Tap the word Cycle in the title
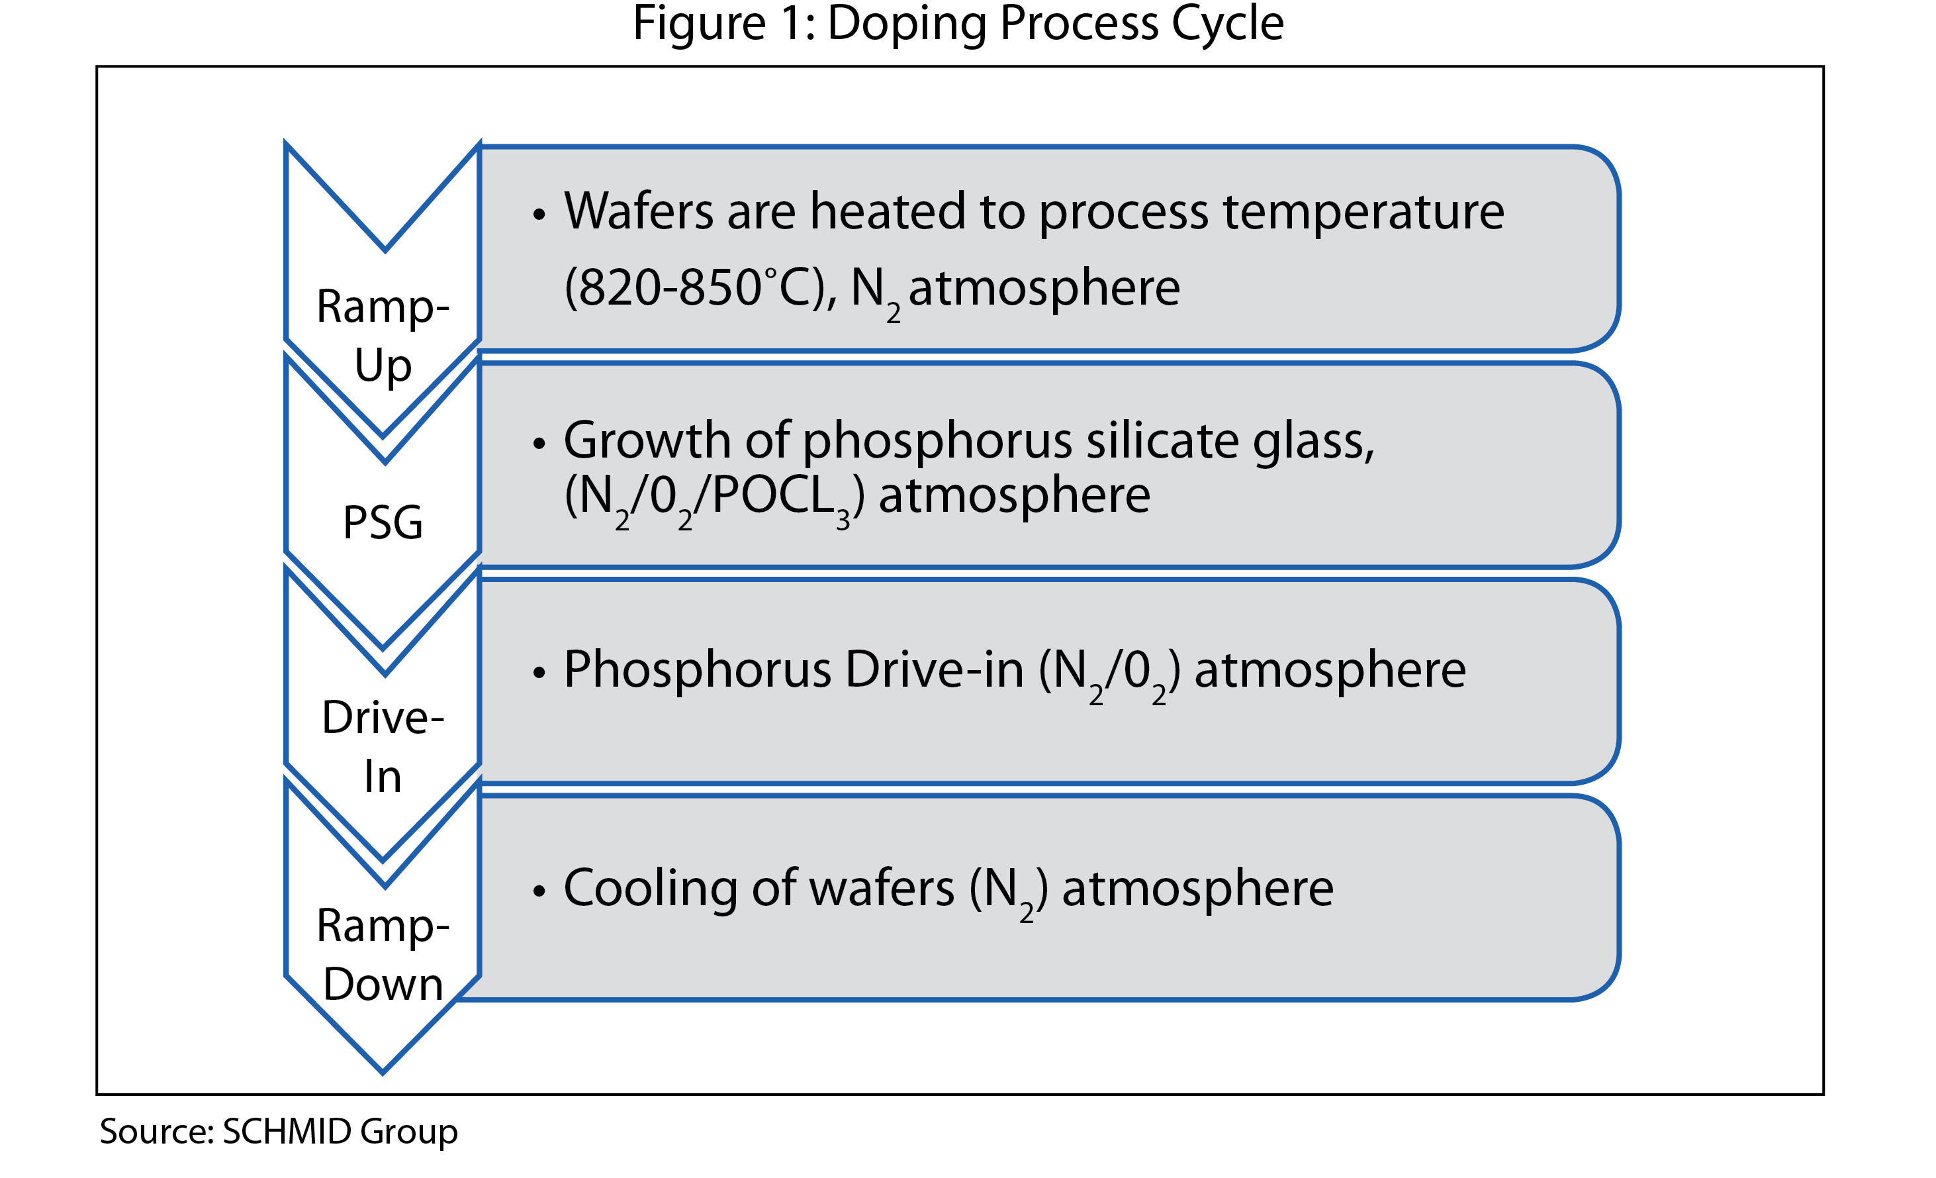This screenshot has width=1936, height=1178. click(x=1227, y=24)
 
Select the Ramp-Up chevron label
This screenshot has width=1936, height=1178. click(x=383, y=336)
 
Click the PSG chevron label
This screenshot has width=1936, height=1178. click(x=383, y=522)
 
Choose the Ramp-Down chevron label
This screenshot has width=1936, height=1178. click(x=383, y=955)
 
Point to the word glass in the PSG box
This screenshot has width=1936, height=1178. click(x=1312, y=442)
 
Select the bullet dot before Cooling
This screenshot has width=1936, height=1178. click(x=538, y=891)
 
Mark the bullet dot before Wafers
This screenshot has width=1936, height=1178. click(x=538, y=215)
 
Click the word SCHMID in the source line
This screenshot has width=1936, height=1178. click(x=287, y=1132)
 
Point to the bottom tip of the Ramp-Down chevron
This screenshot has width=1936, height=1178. click(x=383, y=1071)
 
